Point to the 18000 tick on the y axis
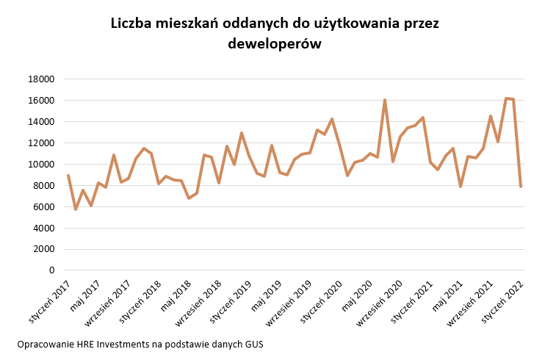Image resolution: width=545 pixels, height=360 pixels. pos(41,79)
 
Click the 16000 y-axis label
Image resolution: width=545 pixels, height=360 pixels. pos(41,101)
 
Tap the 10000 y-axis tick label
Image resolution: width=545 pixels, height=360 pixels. pos(41,165)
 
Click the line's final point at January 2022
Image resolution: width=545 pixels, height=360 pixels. pos(521,187)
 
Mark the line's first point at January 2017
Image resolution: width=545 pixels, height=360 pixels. pos(68,176)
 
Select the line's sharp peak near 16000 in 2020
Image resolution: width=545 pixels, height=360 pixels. pos(385,100)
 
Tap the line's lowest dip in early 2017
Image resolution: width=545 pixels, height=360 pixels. pos(76,209)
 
